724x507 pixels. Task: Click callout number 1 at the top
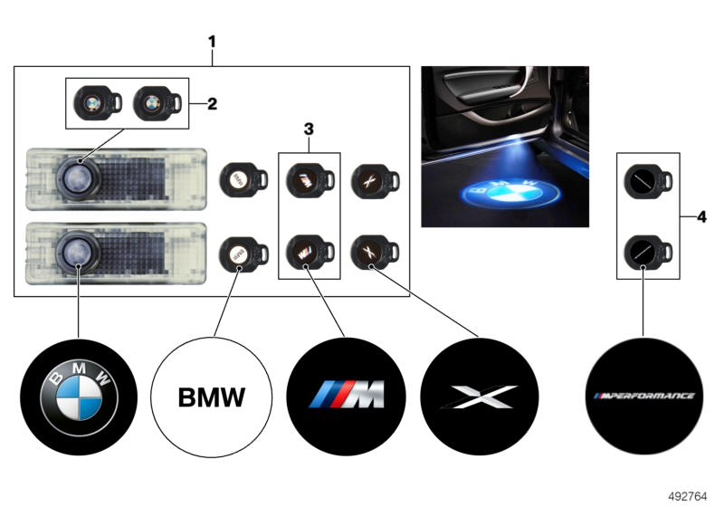(212, 41)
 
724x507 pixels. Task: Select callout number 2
(212, 103)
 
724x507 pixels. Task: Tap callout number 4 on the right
(702, 216)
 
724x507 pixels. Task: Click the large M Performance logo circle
(643, 397)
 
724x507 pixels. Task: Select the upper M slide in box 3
(305, 177)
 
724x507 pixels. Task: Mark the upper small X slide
(372, 177)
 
